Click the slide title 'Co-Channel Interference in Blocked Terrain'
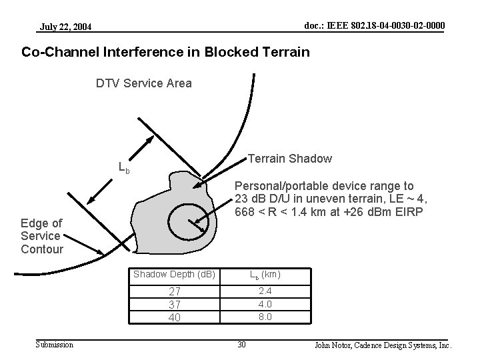(165, 51)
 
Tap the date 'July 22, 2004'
(66, 27)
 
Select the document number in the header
(374, 25)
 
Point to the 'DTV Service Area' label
(143, 83)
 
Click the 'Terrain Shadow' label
(289, 159)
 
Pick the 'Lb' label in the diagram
(123, 167)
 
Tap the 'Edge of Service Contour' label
(41, 236)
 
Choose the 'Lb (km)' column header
(265, 275)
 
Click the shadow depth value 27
(175, 291)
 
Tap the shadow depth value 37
(175, 304)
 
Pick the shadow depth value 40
(175, 317)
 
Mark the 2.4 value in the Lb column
(265, 291)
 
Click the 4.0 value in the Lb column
(265, 303)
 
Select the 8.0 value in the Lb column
(265, 317)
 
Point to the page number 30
(243, 345)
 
